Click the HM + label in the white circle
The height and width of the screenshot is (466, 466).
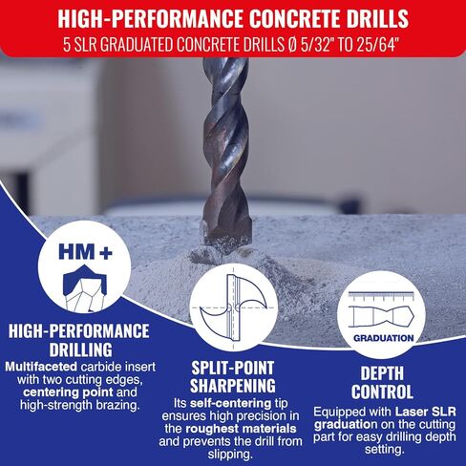click(x=85, y=252)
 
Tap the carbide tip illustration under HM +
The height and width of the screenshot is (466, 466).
click(x=85, y=287)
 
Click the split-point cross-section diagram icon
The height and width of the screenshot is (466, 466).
click(x=234, y=307)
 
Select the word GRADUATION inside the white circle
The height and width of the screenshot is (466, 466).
click(x=383, y=338)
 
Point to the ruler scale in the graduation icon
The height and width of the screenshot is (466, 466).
click(x=381, y=296)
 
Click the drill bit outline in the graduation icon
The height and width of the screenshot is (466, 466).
click(x=381, y=317)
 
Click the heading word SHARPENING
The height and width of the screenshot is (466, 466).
click(x=233, y=386)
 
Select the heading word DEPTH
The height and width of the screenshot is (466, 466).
click(x=382, y=373)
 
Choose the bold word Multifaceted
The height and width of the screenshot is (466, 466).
click(x=41, y=367)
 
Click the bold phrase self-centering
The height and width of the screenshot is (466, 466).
click(x=230, y=403)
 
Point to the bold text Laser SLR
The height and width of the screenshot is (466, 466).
click(x=426, y=412)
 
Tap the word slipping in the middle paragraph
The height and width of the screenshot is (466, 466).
click(x=230, y=455)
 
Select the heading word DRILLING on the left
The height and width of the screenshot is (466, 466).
click(x=81, y=349)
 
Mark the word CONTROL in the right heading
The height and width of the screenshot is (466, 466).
click(x=382, y=392)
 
